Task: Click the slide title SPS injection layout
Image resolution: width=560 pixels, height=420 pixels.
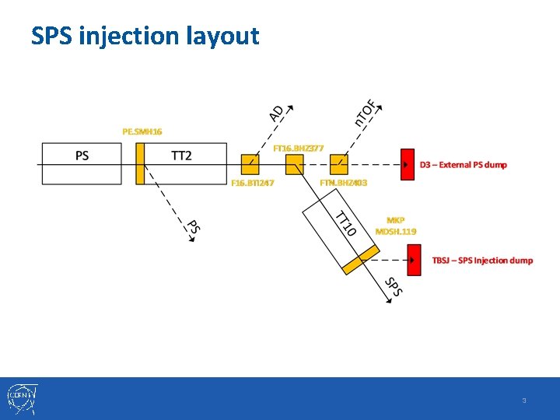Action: pyautogui.click(x=145, y=36)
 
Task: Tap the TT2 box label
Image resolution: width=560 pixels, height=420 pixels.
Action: pyautogui.click(x=181, y=156)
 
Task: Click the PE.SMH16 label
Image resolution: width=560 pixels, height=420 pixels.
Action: pyautogui.click(x=142, y=131)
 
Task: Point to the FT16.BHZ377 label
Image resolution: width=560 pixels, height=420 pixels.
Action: pyautogui.click(x=298, y=147)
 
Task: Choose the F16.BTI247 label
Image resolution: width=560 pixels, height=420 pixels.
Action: pyautogui.click(x=253, y=183)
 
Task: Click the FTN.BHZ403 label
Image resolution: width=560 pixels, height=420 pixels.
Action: pyautogui.click(x=343, y=183)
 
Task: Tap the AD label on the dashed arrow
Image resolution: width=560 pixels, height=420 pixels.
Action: pyautogui.click(x=276, y=114)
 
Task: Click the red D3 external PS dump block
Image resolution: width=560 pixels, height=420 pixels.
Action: pyautogui.click(x=407, y=164)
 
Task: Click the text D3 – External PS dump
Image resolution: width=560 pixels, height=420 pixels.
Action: pyautogui.click(x=463, y=165)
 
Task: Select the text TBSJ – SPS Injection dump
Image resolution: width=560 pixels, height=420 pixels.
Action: pyautogui.click(x=482, y=260)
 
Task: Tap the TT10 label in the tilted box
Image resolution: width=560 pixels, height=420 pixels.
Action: pyautogui.click(x=345, y=223)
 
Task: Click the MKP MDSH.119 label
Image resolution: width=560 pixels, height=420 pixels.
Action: pyautogui.click(x=395, y=226)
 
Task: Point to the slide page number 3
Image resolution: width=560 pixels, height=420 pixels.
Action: pyautogui.click(x=524, y=401)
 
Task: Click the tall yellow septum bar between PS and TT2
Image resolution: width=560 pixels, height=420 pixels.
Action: pyautogui.click(x=140, y=163)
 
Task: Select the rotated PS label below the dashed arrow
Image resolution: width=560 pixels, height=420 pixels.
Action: pyautogui.click(x=194, y=226)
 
